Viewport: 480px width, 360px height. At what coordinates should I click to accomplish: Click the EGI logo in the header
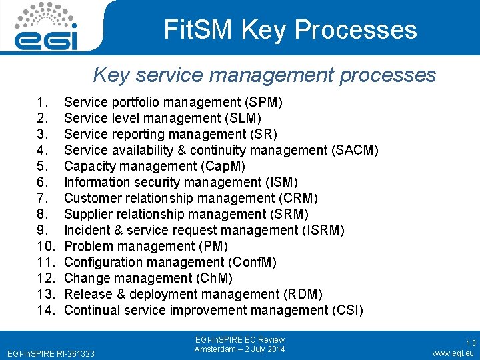[x=47, y=27]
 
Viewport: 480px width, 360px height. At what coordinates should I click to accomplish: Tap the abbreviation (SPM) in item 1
[x=263, y=102]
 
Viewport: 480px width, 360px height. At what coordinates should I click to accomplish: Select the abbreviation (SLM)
[x=241, y=118]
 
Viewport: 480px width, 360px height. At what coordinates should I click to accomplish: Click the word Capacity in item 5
[x=86, y=166]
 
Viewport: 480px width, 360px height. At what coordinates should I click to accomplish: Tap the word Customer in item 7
[x=90, y=198]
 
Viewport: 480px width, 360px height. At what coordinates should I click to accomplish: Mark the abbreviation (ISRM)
[x=321, y=230]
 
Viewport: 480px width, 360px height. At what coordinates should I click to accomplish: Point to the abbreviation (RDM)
[x=303, y=294]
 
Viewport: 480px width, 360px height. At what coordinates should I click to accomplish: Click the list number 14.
[x=45, y=310]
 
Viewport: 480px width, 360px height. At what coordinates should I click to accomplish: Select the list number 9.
[x=43, y=230]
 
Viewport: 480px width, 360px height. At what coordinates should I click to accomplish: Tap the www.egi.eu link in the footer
[x=453, y=353]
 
